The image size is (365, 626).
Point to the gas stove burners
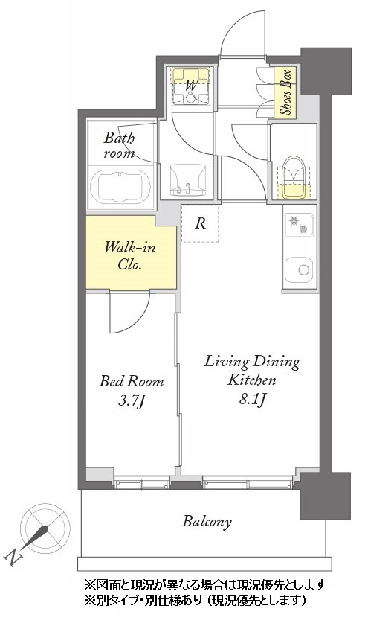click(299, 224)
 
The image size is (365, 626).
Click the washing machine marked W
click(191, 86)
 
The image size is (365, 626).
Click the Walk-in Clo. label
click(129, 256)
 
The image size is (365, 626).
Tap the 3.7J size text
click(131, 400)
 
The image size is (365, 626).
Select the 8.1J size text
click(252, 398)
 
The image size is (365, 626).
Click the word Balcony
click(207, 521)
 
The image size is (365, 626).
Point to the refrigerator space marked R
click(200, 223)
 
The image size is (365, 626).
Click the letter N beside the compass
click(13, 557)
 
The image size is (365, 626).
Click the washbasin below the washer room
click(187, 180)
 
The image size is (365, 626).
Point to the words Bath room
click(119, 146)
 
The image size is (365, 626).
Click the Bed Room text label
click(132, 381)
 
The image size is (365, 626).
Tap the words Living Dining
click(252, 362)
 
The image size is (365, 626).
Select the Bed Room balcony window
click(142, 484)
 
